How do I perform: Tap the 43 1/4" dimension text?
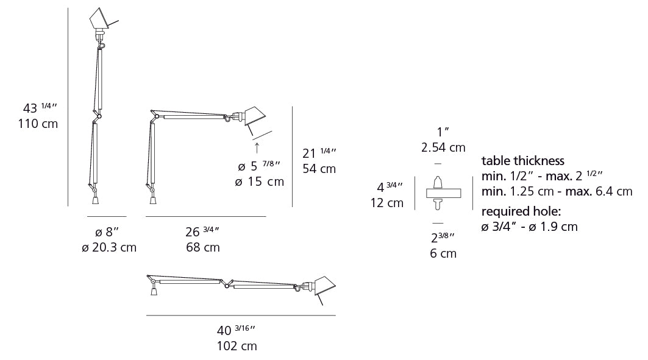click(40, 108)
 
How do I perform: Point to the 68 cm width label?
click(202, 247)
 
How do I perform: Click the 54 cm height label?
click(319, 169)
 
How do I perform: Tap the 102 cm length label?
click(237, 346)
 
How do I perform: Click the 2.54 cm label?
click(443, 147)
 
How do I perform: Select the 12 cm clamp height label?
click(386, 203)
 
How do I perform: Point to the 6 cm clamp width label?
click(443, 253)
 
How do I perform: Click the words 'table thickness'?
click(523, 161)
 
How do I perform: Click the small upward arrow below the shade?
click(257, 147)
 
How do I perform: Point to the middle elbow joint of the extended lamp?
click(227, 285)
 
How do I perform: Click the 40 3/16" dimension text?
click(236, 331)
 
